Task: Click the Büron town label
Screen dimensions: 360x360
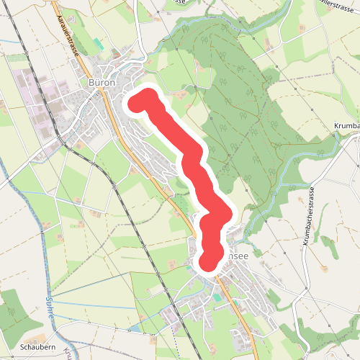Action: [102, 83]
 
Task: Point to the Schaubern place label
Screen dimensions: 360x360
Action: [38, 346]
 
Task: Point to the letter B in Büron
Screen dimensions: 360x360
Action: [91, 83]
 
